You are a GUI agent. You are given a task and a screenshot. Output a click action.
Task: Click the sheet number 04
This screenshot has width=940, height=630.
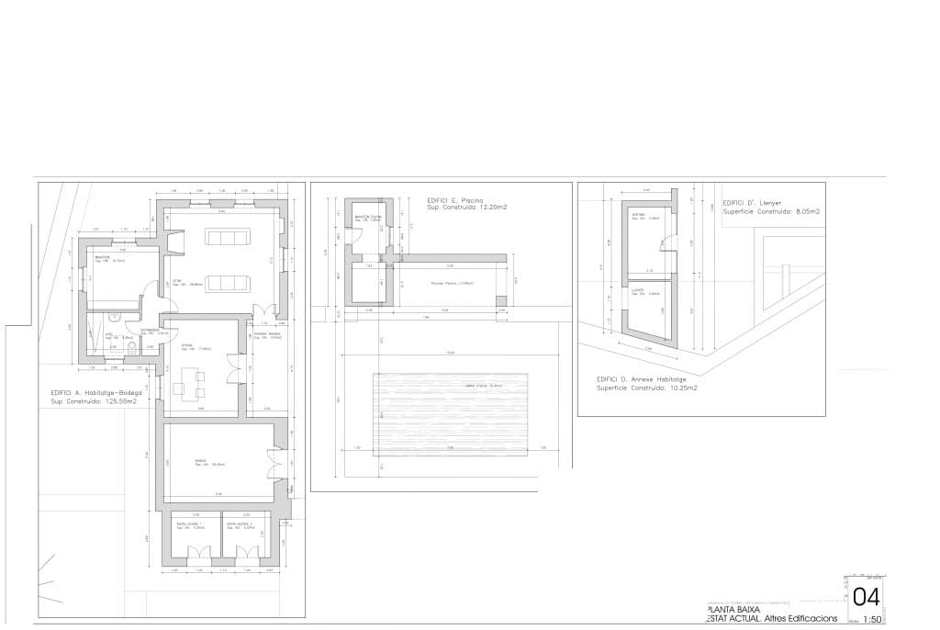866,597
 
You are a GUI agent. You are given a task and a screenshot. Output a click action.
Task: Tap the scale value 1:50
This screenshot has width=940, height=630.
873,620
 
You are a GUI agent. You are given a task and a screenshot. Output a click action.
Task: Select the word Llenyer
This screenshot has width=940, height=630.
775,203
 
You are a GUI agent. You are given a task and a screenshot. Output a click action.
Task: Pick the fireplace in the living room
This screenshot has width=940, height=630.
176,242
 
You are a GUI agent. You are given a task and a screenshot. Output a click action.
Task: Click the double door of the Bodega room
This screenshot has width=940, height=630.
273,462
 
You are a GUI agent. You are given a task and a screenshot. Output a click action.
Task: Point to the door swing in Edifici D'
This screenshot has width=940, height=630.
664,242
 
